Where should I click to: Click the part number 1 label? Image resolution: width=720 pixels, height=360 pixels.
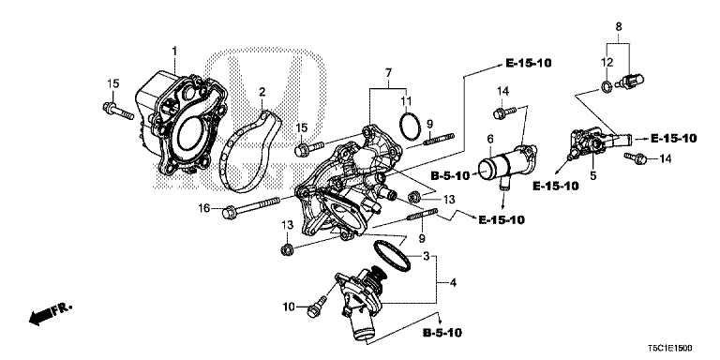coord(172,49)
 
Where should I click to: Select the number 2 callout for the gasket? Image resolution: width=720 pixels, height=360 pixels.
coord(262,92)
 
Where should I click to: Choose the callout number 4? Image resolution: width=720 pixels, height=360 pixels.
coord(454,282)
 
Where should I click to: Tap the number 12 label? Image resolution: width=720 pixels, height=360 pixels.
coord(607,62)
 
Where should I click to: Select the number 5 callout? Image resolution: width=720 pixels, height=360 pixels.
coord(592,174)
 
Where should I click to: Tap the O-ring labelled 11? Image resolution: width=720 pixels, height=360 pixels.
coord(409,126)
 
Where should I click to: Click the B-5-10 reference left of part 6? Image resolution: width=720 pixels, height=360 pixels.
coord(449,175)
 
